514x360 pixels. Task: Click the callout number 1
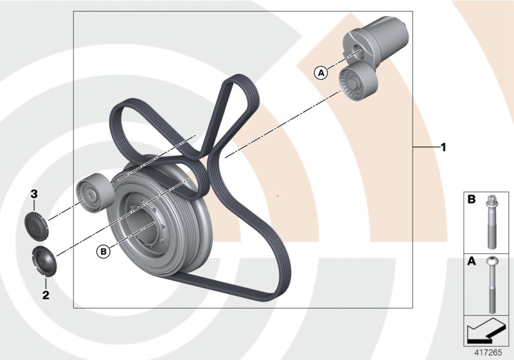pyautogui.click(x=443, y=147)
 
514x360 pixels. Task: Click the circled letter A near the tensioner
pyautogui.click(x=320, y=73)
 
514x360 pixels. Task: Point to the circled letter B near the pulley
pyautogui.click(x=103, y=251)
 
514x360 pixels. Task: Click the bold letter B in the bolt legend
pyautogui.click(x=471, y=200)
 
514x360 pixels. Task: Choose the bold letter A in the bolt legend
pyautogui.click(x=471, y=263)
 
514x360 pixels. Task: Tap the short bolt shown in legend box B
pyautogui.click(x=492, y=221)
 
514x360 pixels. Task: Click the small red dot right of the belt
pyautogui.click(x=277, y=195)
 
